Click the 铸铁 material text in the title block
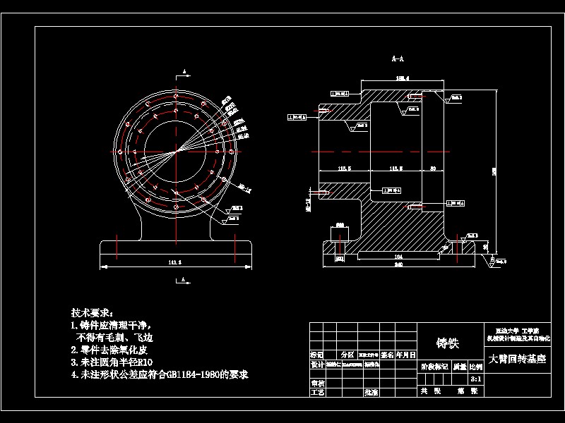click(x=448, y=343)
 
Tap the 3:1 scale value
click(x=476, y=379)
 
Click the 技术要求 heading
click(x=92, y=312)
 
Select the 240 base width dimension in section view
click(x=398, y=266)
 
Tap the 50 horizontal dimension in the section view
click(x=432, y=168)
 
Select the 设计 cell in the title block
click(x=318, y=365)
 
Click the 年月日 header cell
click(x=406, y=355)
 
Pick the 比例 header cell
click(x=476, y=367)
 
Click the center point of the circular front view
click(x=175, y=152)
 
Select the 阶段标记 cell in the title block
click(x=434, y=367)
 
